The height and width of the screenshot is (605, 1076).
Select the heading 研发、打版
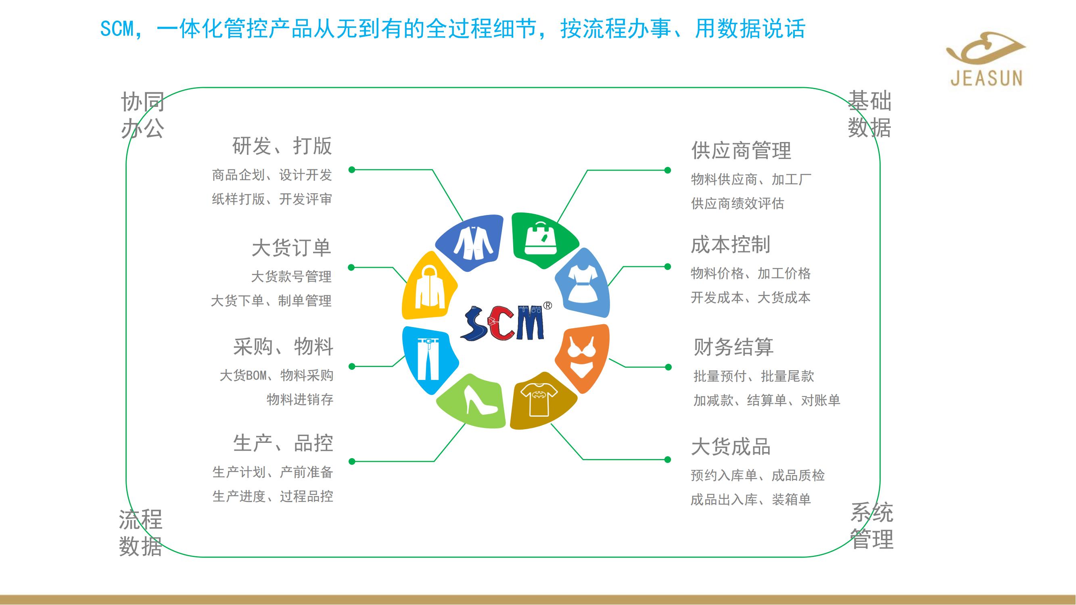click(x=282, y=146)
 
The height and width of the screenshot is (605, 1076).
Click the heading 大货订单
click(x=292, y=248)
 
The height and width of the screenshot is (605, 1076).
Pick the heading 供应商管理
click(x=742, y=150)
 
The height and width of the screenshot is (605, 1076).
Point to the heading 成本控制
click(x=731, y=245)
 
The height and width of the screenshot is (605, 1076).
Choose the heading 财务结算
click(x=733, y=347)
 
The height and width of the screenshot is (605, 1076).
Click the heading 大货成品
click(x=731, y=447)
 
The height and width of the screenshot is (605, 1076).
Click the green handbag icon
click(x=541, y=238)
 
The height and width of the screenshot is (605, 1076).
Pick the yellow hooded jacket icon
click(x=429, y=288)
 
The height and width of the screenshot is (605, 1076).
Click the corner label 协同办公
click(x=142, y=115)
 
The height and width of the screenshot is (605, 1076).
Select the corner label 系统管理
click(x=872, y=526)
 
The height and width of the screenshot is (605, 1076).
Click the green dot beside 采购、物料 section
click(x=352, y=367)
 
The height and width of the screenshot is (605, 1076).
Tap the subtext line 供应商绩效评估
click(x=738, y=204)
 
